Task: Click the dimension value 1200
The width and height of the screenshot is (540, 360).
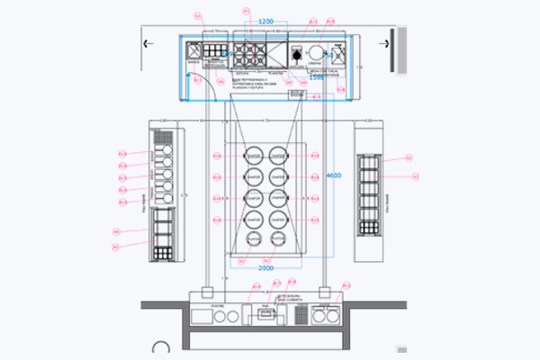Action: pos(265,21)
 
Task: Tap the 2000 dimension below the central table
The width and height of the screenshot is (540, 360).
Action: pos(265,268)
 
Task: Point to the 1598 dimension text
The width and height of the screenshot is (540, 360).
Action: pos(316,77)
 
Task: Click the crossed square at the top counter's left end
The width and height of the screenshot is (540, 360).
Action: pos(193,52)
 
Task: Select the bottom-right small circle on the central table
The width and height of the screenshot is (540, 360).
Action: pos(278,239)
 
